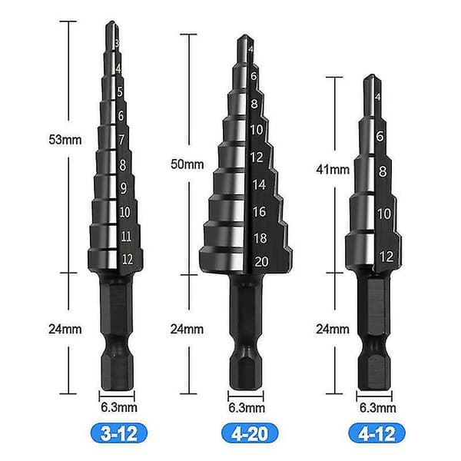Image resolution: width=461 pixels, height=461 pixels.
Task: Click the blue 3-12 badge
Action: (x=118, y=433)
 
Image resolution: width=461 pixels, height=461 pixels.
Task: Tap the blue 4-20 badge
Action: (x=250, y=433)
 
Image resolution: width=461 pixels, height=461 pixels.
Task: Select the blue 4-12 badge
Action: (x=377, y=433)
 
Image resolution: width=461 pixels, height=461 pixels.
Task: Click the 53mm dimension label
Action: (x=65, y=139)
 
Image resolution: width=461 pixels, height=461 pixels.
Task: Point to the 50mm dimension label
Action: (x=187, y=164)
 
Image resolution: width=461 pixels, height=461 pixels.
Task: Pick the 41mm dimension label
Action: (x=333, y=170)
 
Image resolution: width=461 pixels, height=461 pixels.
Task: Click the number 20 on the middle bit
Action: (x=262, y=262)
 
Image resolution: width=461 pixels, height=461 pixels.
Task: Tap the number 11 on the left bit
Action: (x=126, y=236)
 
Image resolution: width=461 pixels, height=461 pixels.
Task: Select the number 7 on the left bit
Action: (x=121, y=140)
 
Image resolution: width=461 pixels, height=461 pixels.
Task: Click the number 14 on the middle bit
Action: (x=259, y=184)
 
